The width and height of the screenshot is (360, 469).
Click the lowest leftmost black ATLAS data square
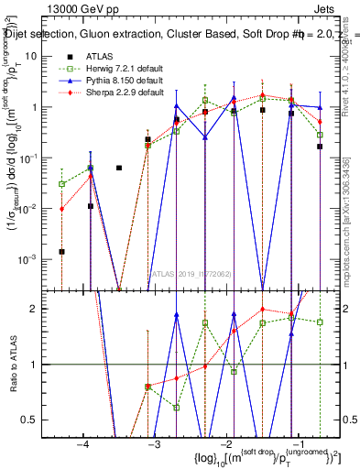[61, 251]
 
